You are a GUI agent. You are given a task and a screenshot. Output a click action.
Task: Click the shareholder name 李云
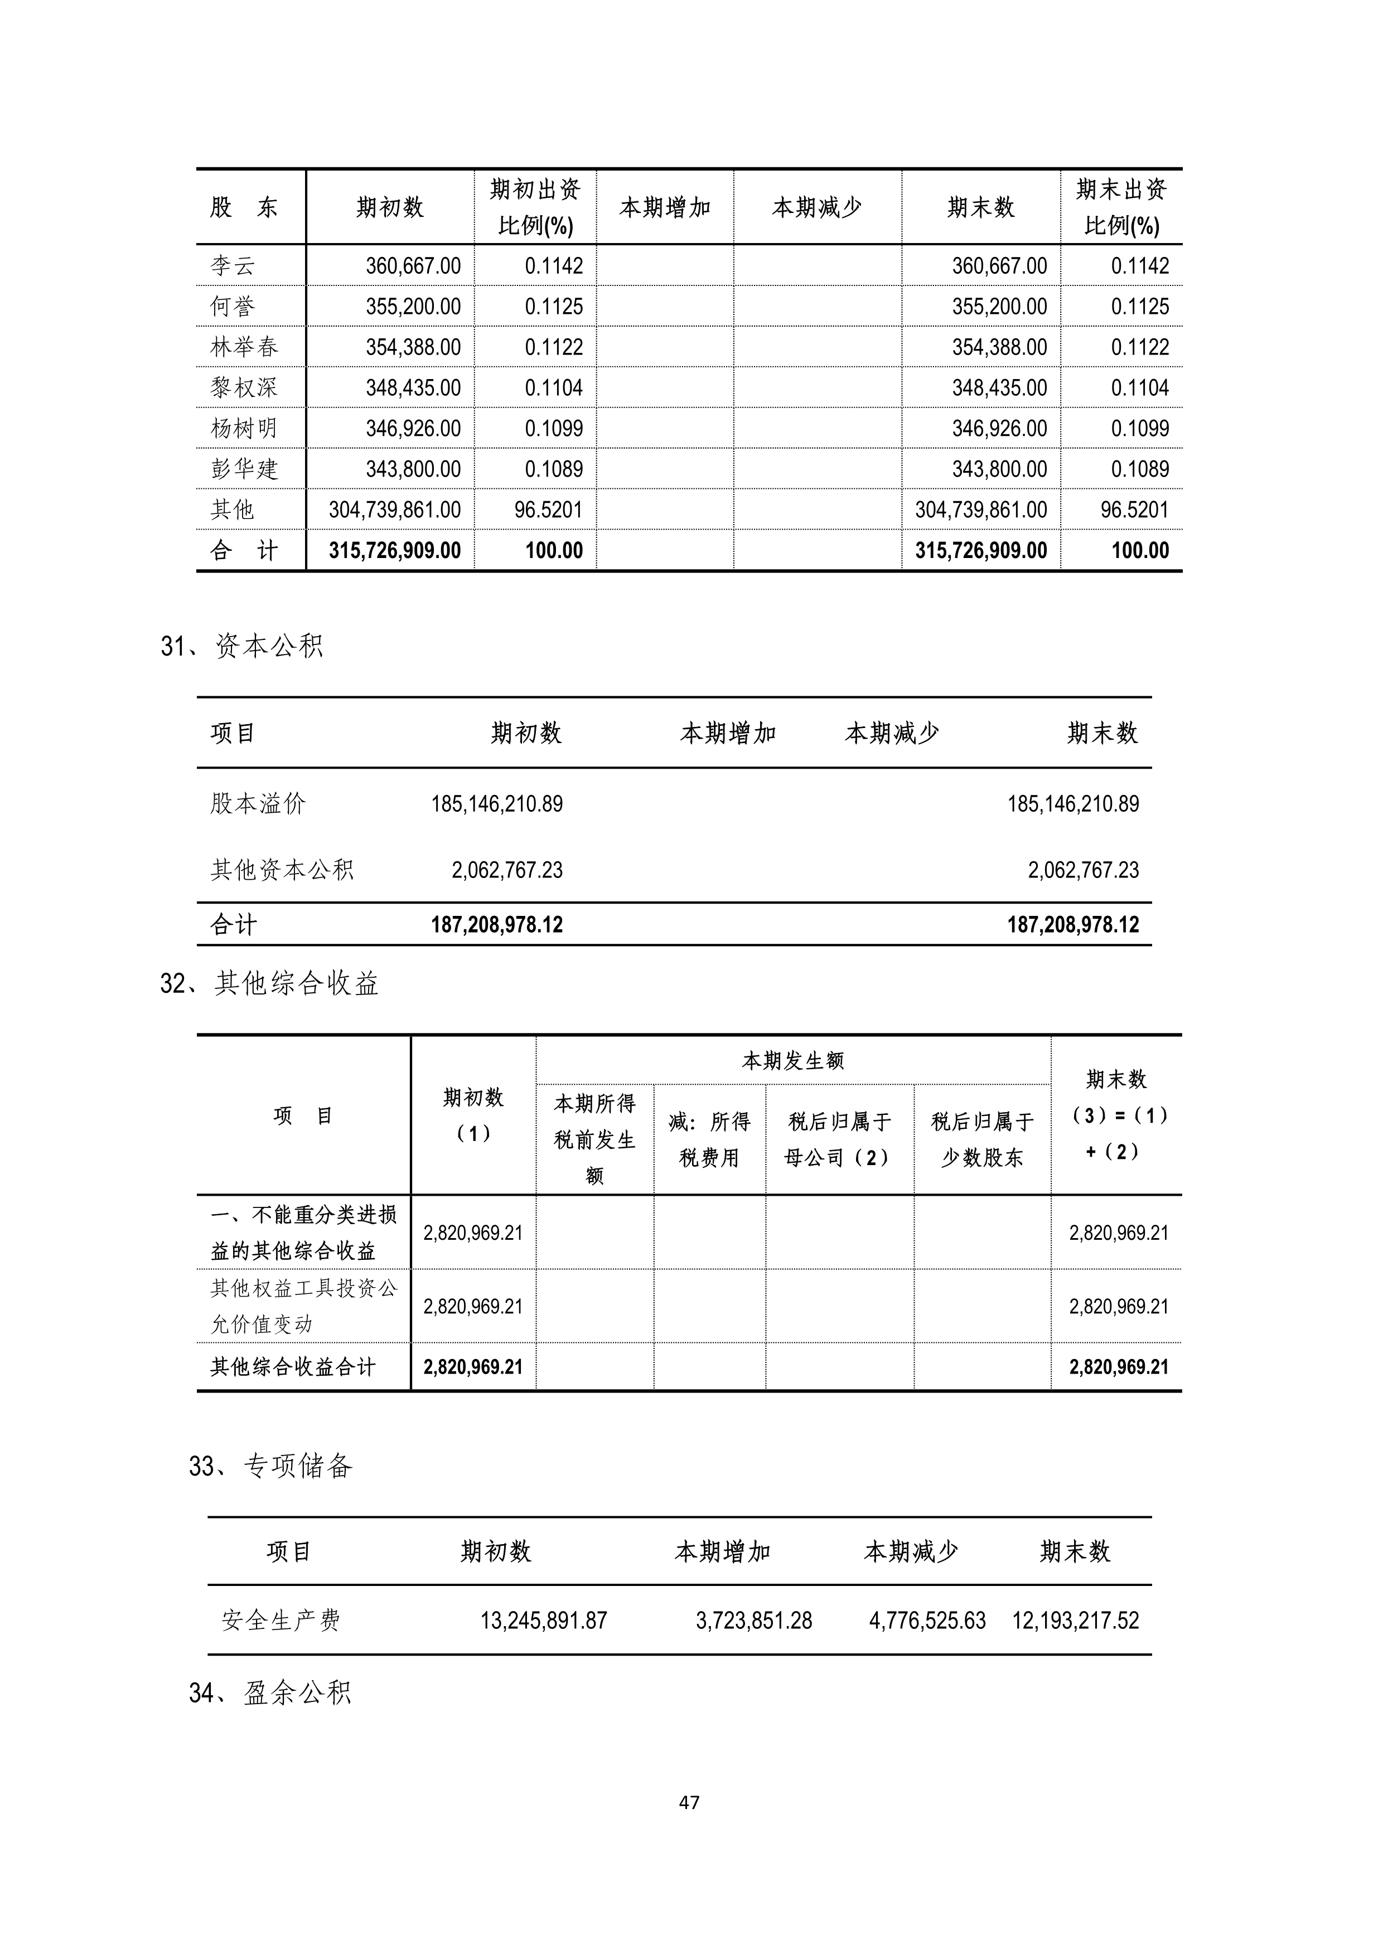[233, 266]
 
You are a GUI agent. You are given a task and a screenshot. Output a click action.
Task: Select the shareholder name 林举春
[244, 347]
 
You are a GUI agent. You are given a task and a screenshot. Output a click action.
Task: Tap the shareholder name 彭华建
[244, 469]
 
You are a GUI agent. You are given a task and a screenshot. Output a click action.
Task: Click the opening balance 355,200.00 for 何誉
[413, 307]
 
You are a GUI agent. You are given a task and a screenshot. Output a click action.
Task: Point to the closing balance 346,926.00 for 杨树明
[999, 428]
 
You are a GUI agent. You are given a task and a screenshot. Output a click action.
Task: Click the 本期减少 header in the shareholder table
[816, 207]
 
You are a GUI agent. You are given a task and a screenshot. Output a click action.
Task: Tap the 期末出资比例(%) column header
[1121, 207]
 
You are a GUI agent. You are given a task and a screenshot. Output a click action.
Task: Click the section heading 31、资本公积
[242, 646]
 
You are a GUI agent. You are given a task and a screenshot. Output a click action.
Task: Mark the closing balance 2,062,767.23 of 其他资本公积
[1082, 870]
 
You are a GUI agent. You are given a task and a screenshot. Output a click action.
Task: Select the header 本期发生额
[793, 1061]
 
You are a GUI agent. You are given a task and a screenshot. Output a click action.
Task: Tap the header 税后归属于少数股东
[982, 1139]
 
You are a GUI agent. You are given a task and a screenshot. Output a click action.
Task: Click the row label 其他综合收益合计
[293, 1367]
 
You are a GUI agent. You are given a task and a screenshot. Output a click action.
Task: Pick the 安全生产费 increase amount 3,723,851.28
[753, 1621]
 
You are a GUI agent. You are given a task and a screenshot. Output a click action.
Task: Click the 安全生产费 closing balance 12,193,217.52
[1075, 1621]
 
